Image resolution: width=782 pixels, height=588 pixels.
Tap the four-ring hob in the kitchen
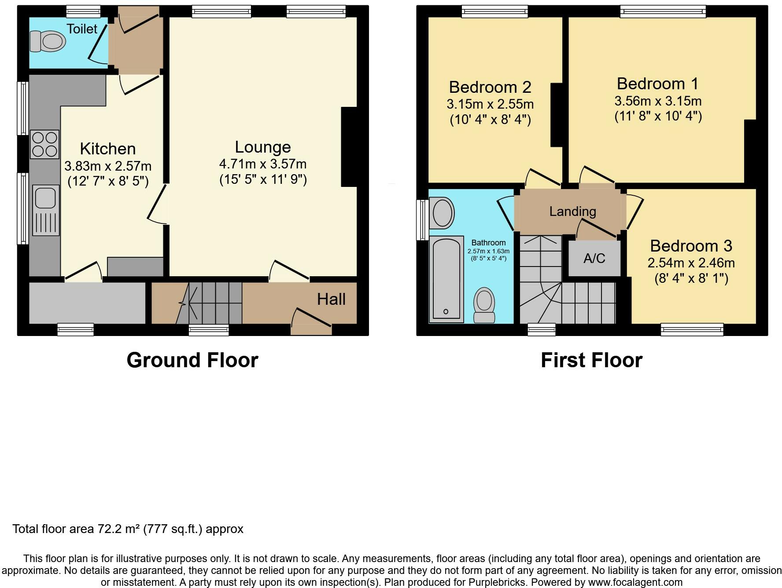(44, 144)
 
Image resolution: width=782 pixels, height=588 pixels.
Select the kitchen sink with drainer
(46, 210)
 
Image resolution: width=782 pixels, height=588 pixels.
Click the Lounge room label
(263, 147)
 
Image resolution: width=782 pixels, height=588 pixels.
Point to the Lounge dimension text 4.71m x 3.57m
(263, 164)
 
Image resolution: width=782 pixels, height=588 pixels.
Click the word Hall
(331, 299)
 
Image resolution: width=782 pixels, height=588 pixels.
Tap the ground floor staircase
(216, 303)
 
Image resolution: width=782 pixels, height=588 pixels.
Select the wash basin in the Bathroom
(443, 213)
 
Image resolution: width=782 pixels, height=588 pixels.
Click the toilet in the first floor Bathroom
(484, 305)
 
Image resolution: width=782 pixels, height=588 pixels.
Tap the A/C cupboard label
(594, 259)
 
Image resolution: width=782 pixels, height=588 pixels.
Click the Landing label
(572, 212)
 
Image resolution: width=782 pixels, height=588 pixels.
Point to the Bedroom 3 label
(691, 245)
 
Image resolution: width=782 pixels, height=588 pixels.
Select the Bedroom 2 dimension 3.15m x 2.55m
(490, 104)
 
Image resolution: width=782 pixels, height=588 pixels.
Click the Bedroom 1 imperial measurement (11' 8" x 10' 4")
(658, 116)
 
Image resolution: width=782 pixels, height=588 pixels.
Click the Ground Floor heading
(192, 360)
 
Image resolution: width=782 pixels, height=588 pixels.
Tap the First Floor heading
(591, 360)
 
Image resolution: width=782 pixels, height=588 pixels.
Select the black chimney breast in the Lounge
(349, 147)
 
